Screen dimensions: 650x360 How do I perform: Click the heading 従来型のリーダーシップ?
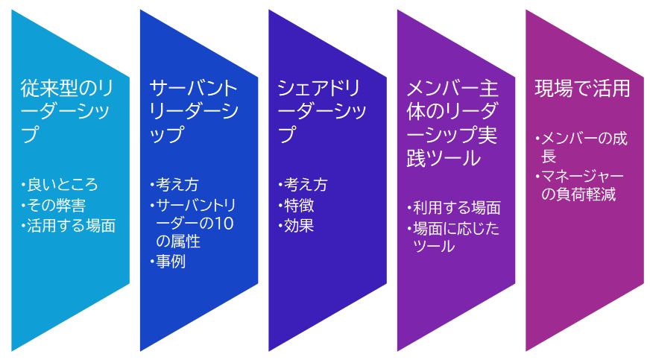click(x=66, y=111)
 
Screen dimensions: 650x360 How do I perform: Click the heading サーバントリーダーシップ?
click(x=194, y=111)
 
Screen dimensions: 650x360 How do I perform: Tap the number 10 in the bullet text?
click(x=224, y=224)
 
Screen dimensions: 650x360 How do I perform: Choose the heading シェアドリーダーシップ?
click(x=322, y=111)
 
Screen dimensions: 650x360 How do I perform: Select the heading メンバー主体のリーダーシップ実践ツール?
click(x=452, y=123)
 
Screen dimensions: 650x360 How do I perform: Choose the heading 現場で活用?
click(x=582, y=88)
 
